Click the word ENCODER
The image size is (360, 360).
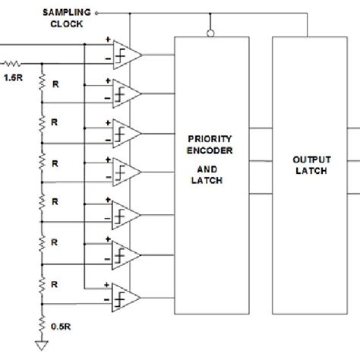pos(213,151)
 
